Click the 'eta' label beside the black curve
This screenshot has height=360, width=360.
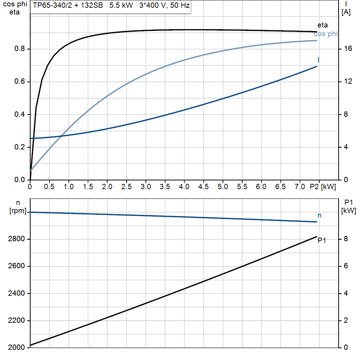point(322,25)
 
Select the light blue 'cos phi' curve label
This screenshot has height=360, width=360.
point(326,34)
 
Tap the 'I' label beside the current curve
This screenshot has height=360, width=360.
point(319,59)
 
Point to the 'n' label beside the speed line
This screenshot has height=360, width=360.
point(320,215)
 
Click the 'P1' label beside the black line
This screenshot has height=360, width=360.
point(322,240)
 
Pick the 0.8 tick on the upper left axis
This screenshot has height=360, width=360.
point(20,49)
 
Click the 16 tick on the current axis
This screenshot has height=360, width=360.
point(348,49)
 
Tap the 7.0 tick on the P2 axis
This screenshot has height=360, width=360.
point(300,187)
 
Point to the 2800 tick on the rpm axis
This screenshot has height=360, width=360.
point(15,239)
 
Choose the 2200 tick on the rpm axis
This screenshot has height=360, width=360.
point(15,321)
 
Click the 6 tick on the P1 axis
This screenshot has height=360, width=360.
point(346,266)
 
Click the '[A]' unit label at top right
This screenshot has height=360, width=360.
point(346,12)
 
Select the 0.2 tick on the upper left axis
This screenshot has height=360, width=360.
point(20,147)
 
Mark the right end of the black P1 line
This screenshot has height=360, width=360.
point(316,237)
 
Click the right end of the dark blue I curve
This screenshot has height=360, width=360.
point(316,66)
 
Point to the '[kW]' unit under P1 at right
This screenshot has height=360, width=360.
point(349,211)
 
